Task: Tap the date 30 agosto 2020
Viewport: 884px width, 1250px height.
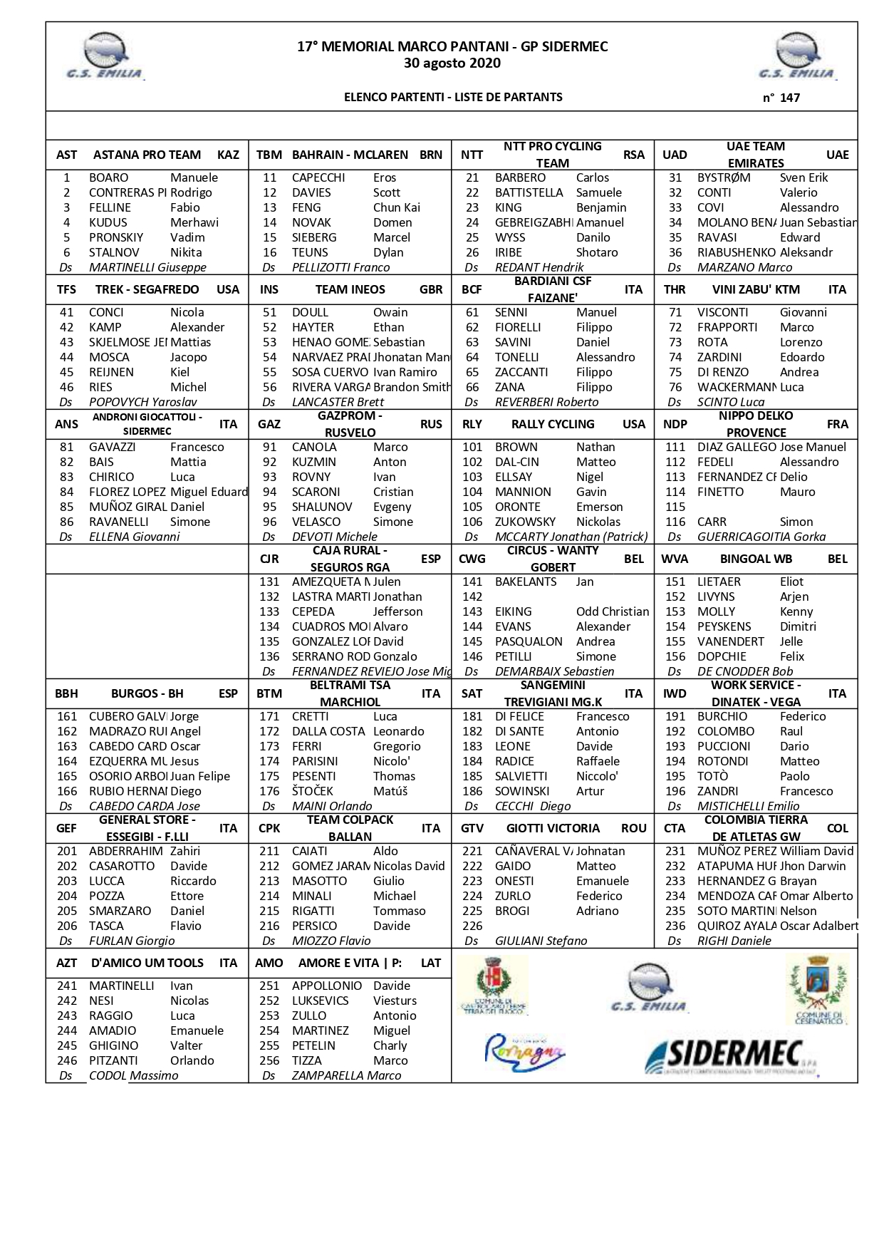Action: pos(452,63)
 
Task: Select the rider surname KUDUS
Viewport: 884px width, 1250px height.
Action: pos(108,222)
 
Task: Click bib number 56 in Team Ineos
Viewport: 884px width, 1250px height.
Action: pos(269,387)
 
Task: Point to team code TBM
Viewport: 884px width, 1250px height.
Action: pos(269,155)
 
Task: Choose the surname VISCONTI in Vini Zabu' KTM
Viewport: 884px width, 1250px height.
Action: pos(723,312)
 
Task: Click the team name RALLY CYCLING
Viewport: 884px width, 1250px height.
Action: pos(553,424)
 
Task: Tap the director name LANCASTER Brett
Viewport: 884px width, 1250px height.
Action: pos(338,402)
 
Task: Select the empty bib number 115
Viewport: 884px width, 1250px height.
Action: pos(675,507)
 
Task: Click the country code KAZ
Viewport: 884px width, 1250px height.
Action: pos(228,155)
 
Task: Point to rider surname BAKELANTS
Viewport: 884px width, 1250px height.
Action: pos(526,582)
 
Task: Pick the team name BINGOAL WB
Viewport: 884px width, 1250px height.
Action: pos(756,559)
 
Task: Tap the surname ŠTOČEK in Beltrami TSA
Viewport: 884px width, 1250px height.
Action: pos(312,791)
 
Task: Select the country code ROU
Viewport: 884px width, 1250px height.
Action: pos(633,828)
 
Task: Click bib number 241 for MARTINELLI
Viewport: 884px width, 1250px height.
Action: pos(67,986)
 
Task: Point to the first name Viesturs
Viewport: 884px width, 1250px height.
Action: pos(395,1001)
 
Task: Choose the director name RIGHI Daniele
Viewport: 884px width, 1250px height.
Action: pos(734,941)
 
